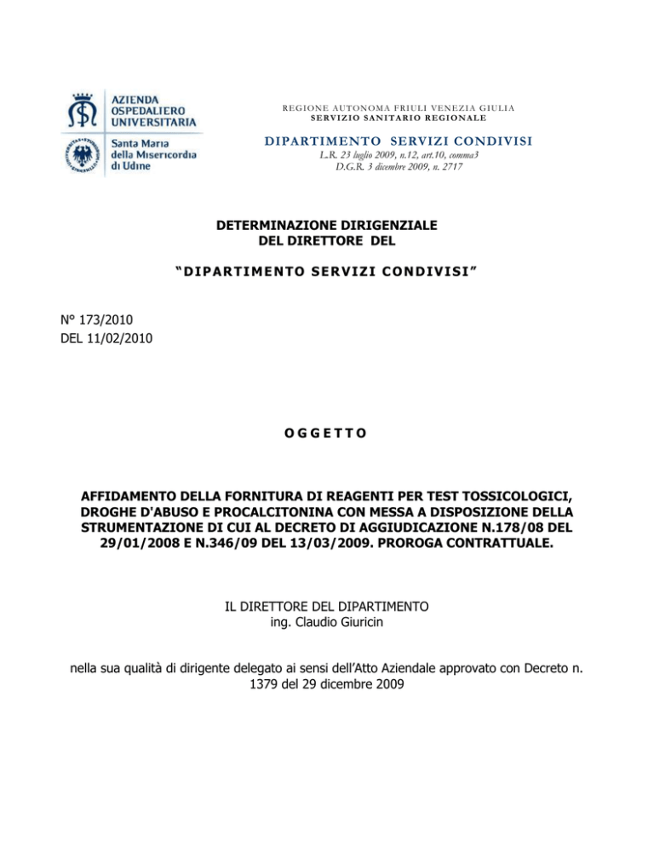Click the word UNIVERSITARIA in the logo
(155, 122)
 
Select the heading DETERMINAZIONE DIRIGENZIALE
(327, 226)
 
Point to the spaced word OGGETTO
(326, 433)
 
